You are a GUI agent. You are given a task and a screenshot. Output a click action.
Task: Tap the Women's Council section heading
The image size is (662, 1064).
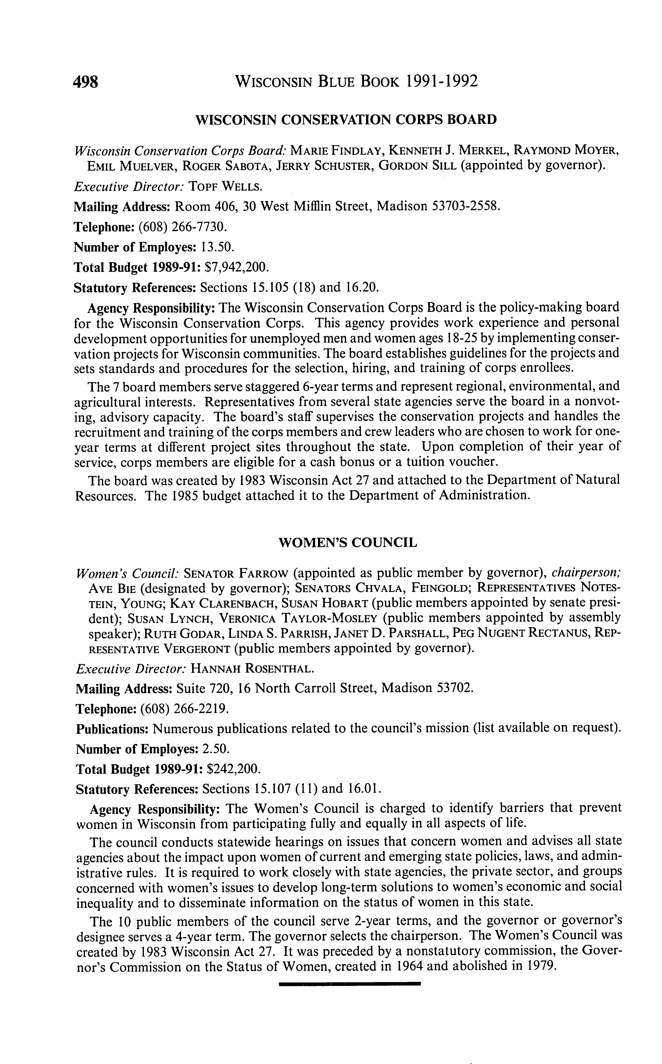click(x=348, y=543)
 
